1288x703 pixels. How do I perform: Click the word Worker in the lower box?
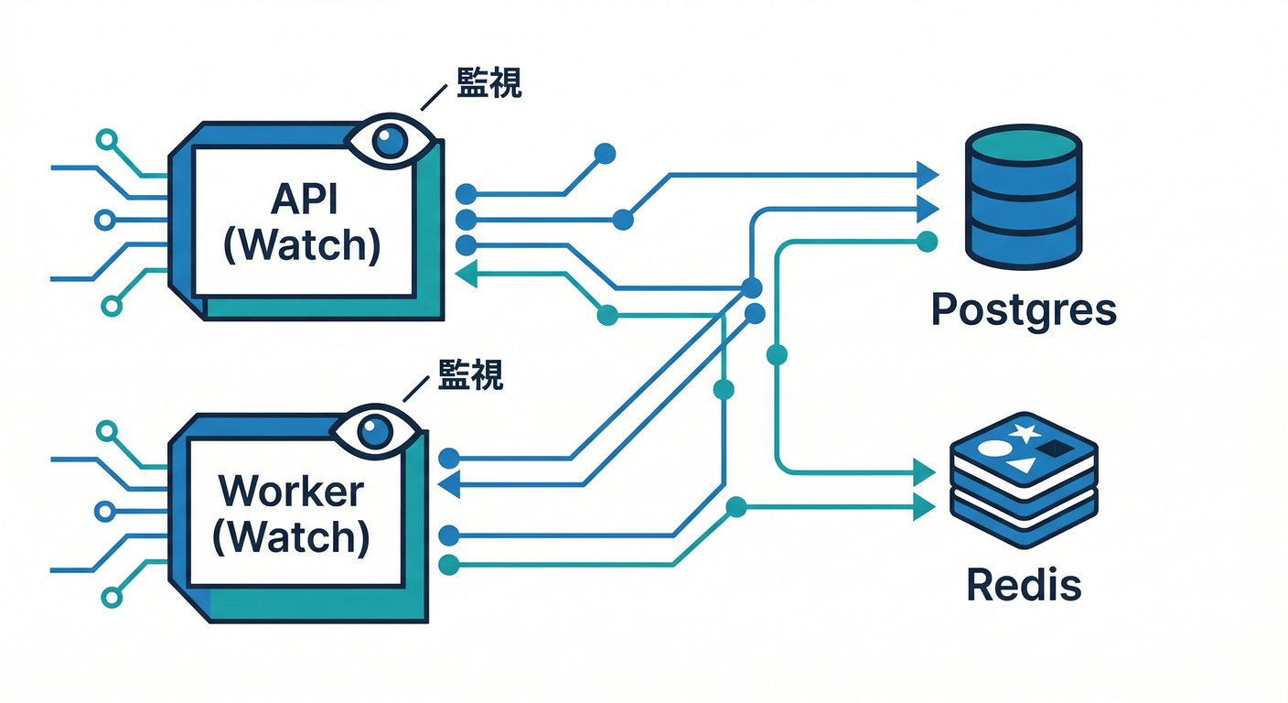pyautogui.click(x=291, y=492)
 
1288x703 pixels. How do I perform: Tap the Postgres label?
pyautogui.click(x=1024, y=310)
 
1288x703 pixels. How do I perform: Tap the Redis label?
pyautogui.click(x=1024, y=583)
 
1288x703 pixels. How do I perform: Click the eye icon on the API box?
pyautogui.click(x=391, y=142)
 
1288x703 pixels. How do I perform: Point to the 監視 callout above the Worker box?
pyautogui.click(x=470, y=374)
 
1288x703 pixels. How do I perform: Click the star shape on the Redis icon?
pyautogui.click(x=1024, y=430)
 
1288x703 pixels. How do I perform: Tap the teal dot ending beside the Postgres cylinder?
pyautogui.click(x=927, y=242)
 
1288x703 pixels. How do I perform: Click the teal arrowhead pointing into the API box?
pyautogui.click(x=466, y=272)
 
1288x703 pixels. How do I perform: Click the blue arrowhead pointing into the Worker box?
pyautogui.click(x=450, y=484)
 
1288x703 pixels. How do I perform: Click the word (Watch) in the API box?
pyautogui.click(x=301, y=245)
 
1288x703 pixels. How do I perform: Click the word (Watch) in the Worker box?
pyautogui.click(x=291, y=536)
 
